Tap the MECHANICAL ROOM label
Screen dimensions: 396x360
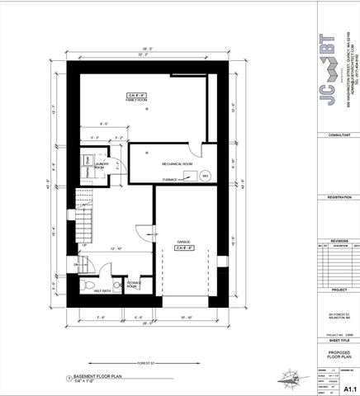[176, 164]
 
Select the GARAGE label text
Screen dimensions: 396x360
[183, 242]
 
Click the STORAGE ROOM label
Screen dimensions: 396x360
[135, 285]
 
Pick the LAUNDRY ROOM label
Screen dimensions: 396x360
[103, 165]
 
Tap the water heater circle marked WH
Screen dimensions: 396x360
[204, 173]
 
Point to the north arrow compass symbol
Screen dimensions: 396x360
[288, 379]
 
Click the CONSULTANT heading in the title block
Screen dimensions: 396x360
[339, 134]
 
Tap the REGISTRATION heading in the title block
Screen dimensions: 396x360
[339, 198]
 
